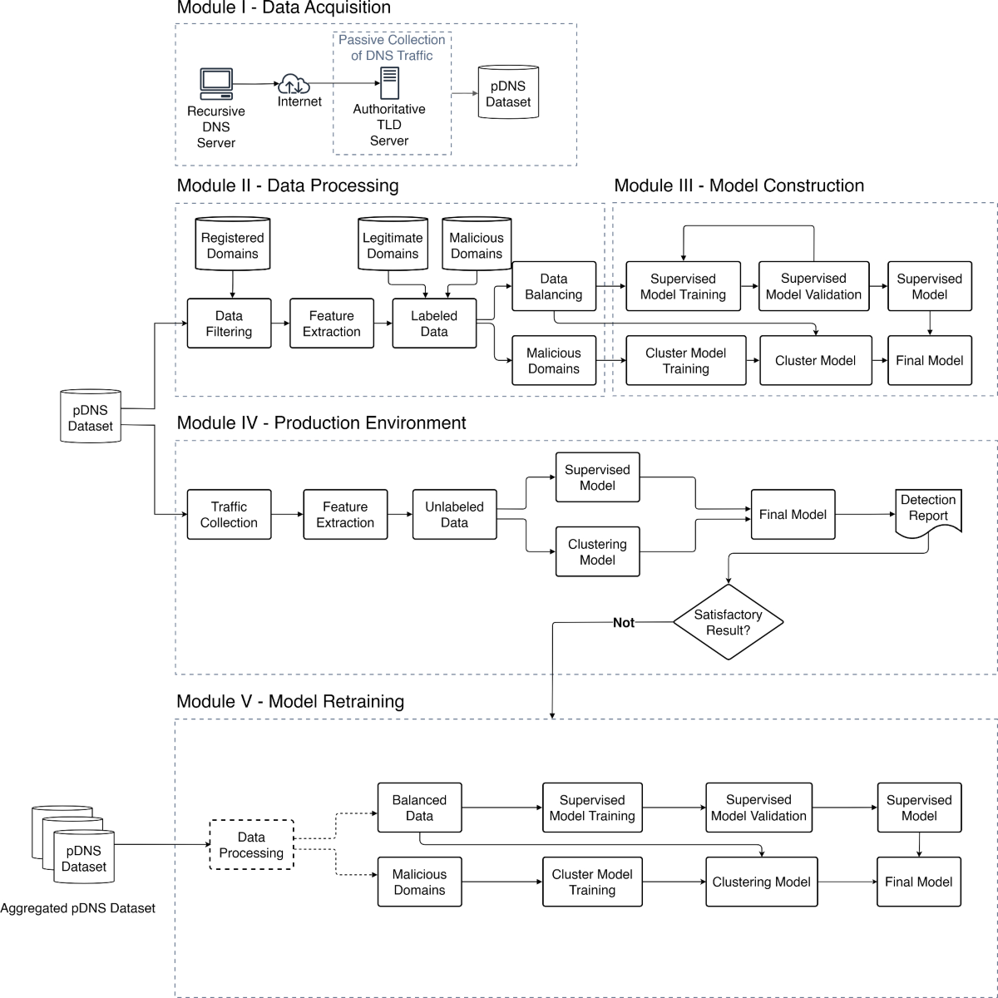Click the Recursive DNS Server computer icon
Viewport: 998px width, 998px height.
pyautogui.click(x=216, y=84)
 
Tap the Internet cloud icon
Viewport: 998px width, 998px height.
pyautogui.click(x=294, y=84)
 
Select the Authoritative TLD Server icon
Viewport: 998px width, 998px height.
pyautogui.click(x=388, y=84)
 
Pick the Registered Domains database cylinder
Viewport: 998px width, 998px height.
pyautogui.click(x=232, y=244)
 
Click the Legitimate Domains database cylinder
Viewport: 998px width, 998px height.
pyautogui.click(x=393, y=244)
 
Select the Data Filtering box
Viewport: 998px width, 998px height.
pyautogui.click(x=229, y=324)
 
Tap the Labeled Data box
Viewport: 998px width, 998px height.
pyautogui.click(x=434, y=324)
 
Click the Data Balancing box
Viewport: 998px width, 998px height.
pyautogui.click(x=554, y=287)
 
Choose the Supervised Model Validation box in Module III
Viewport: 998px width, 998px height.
pyautogui.click(x=813, y=287)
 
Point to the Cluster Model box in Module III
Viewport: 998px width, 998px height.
pyautogui.click(x=815, y=360)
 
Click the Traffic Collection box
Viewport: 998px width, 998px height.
pyautogui.click(x=229, y=515)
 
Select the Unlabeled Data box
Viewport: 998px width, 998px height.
pyautogui.click(x=454, y=515)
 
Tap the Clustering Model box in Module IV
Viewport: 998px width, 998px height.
pyautogui.click(x=597, y=552)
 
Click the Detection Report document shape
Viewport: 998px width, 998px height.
pyautogui.click(x=928, y=510)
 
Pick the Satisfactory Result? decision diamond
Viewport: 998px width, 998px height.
pyautogui.click(x=728, y=622)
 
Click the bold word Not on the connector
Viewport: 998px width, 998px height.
pyautogui.click(x=624, y=622)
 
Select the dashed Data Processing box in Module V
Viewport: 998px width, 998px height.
pyautogui.click(x=251, y=845)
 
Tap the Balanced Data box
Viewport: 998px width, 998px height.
pyautogui.click(x=419, y=808)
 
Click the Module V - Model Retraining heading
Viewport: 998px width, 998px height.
pyautogui.click(x=290, y=701)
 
